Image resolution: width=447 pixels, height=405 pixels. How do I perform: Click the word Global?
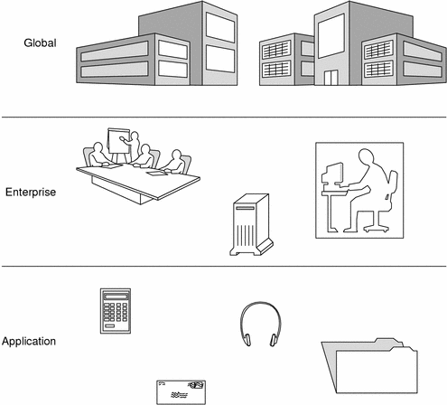click(x=40, y=42)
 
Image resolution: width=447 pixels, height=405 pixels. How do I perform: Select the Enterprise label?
click(x=31, y=192)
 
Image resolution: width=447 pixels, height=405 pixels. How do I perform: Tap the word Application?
click(x=29, y=341)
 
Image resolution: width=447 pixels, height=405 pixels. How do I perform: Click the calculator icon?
click(x=116, y=311)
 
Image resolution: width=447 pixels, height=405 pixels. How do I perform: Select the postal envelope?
click(x=182, y=392)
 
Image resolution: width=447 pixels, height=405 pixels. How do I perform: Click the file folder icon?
click(x=369, y=366)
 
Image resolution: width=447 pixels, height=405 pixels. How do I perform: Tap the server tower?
click(x=251, y=225)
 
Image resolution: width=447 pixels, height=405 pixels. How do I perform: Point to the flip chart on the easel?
click(x=118, y=141)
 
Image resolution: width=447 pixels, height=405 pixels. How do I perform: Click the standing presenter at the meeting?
click(x=134, y=146)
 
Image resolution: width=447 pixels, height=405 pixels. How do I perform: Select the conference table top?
click(x=138, y=182)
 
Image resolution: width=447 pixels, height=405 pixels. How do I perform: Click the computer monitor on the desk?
click(x=332, y=174)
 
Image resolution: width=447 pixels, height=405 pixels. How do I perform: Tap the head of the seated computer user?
click(x=367, y=156)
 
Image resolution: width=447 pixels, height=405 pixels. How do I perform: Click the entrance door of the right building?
click(x=331, y=78)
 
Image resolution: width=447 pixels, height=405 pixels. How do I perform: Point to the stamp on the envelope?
click(x=196, y=385)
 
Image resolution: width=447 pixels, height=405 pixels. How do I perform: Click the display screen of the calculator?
click(x=116, y=297)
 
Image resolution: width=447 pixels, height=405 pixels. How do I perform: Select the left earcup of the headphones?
click(x=247, y=340)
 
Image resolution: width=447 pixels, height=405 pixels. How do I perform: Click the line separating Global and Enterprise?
click(x=224, y=117)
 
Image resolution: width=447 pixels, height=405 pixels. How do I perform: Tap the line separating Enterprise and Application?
click(x=224, y=267)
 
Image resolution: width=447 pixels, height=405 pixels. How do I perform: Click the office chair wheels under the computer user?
click(x=377, y=228)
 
